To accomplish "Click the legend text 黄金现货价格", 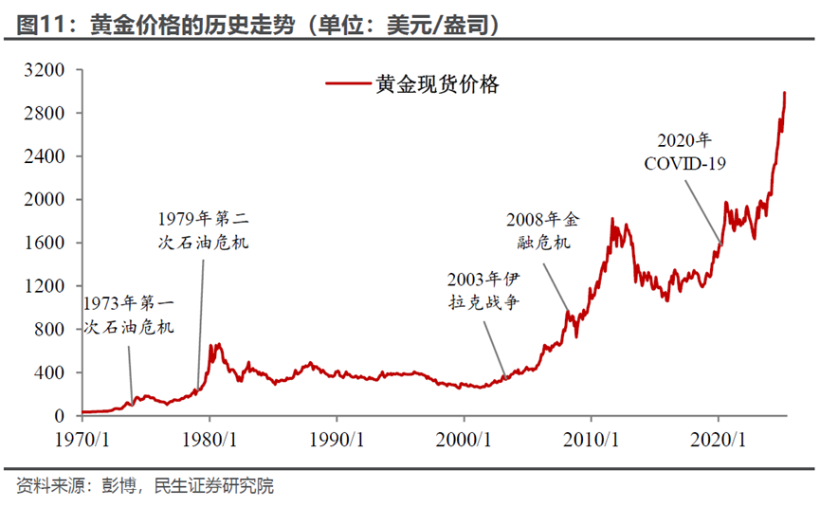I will point(437,84).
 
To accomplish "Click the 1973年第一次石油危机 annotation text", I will point(129,316).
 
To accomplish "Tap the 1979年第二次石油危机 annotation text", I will point(203,230).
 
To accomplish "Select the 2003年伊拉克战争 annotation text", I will point(484,291).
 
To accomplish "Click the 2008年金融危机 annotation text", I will point(541,231).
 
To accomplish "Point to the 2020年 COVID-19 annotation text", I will point(684,153).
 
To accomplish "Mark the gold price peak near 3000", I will point(784,93).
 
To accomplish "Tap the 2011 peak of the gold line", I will point(612,219).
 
